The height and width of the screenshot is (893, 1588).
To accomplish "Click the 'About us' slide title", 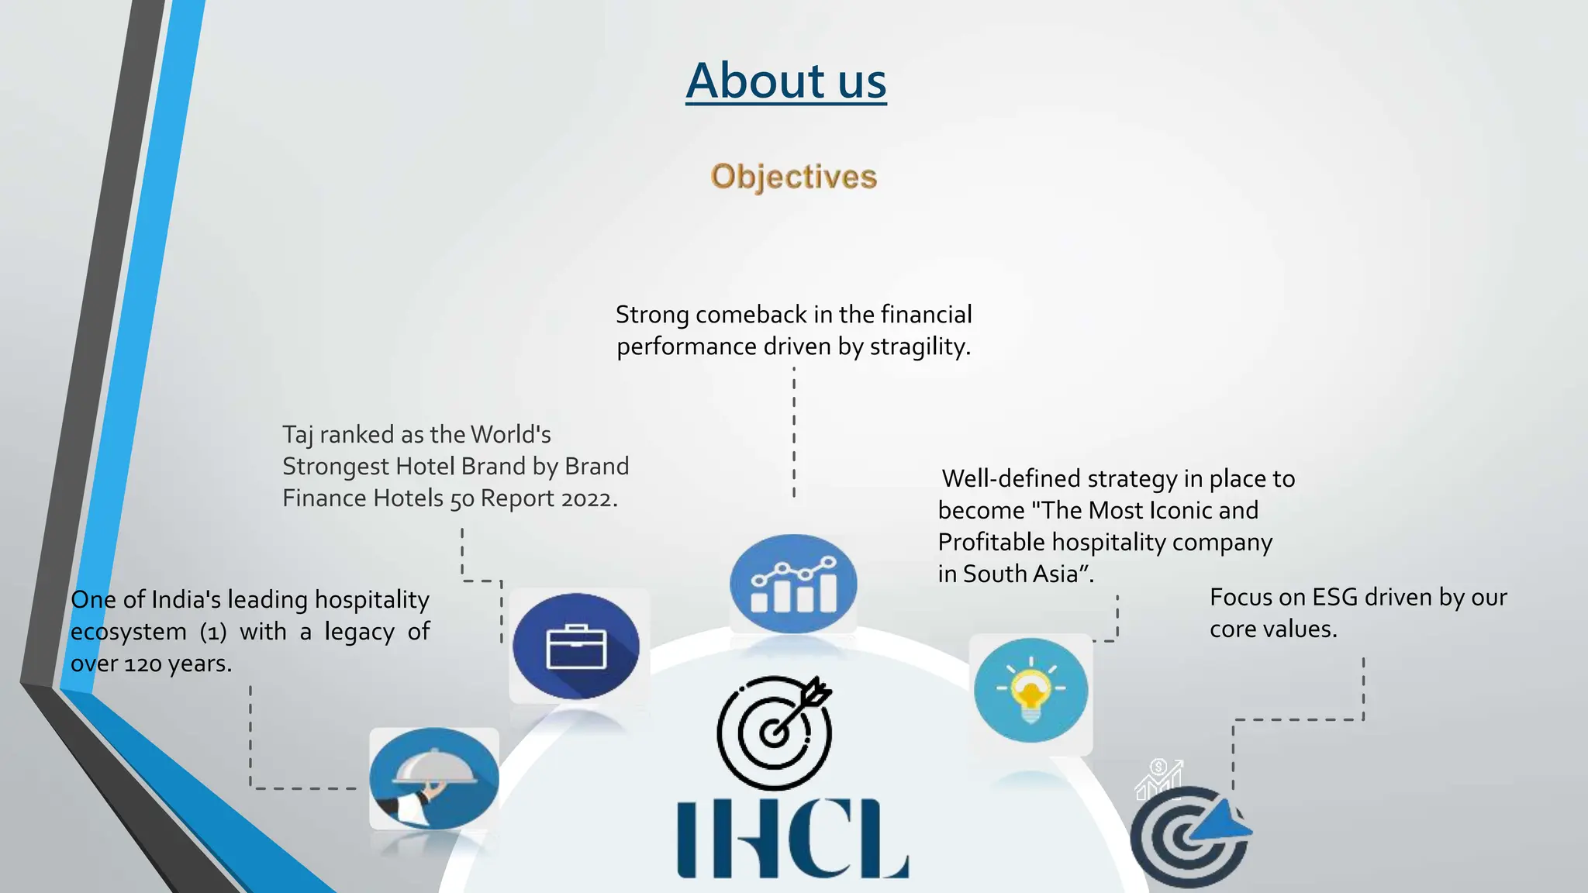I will [785, 81].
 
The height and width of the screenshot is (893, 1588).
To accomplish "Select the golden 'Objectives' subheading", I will [793, 177].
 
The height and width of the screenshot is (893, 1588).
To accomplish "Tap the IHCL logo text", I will [792, 839].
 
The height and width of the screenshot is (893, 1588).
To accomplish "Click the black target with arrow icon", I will [774, 732].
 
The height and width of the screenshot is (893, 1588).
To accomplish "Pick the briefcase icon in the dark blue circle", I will [576, 646].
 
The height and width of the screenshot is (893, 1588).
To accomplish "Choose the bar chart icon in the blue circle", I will [793, 584].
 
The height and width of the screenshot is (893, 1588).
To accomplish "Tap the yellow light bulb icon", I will [1030, 690].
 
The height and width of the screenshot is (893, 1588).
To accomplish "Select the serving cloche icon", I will [434, 777].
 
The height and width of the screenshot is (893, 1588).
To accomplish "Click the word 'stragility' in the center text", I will [918, 347].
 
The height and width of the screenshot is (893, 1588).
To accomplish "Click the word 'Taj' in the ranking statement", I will [298, 435].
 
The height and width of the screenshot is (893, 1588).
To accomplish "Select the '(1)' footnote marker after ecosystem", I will [213, 633].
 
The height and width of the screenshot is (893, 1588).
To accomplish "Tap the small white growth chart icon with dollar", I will [1158, 777].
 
